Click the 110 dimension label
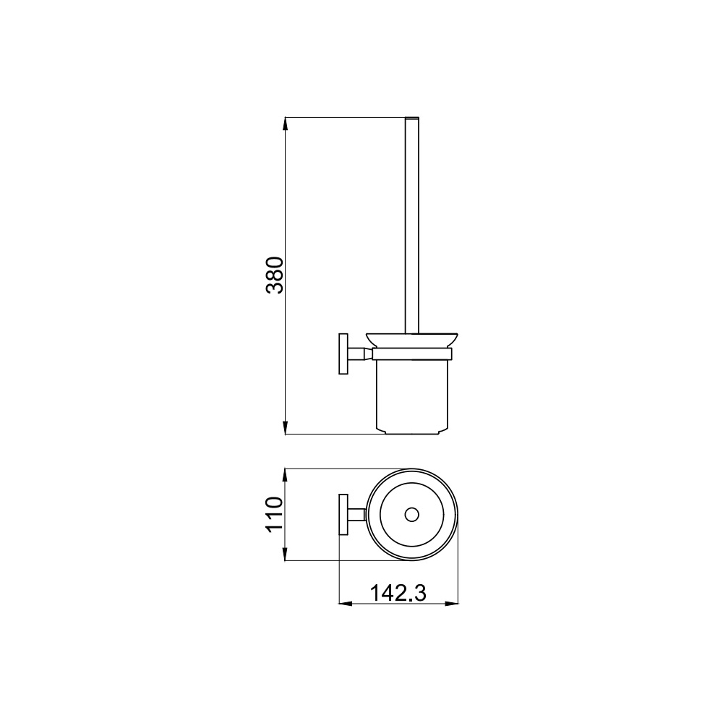click(274, 514)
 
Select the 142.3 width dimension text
click(398, 593)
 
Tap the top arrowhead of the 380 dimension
click(286, 124)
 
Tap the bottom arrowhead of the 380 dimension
click(286, 428)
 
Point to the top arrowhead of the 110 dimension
click(286, 476)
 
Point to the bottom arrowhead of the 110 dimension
click(286, 555)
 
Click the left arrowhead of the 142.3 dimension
click(346, 603)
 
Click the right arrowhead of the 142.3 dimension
click(451, 603)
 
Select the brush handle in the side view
click(412, 225)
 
